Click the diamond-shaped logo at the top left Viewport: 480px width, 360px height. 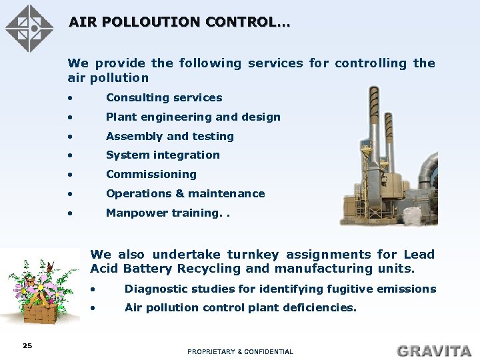click(x=29, y=28)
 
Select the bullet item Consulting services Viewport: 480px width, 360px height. click(x=164, y=97)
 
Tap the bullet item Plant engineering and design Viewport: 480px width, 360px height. click(x=193, y=117)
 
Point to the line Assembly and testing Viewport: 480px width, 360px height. click(x=169, y=136)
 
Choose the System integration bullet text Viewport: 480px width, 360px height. click(x=163, y=155)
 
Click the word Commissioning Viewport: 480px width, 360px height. click(x=151, y=174)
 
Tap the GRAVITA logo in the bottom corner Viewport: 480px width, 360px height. click(x=433, y=350)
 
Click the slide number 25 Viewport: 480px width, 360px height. click(x=27, y=345)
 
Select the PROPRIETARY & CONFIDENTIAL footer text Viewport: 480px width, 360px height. click(x=240, y=351)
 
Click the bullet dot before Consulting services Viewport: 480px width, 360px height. click(x=70, y=98)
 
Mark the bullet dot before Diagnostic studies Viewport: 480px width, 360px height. click(x=95, y=289)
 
